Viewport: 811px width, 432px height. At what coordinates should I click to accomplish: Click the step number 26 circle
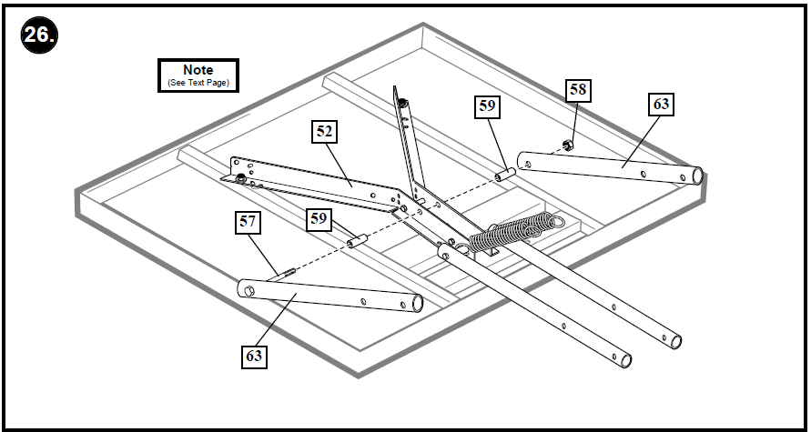37,38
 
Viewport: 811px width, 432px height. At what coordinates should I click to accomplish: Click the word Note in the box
198,69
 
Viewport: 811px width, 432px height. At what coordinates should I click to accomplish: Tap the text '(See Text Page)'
198,83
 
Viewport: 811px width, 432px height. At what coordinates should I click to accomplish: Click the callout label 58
577,89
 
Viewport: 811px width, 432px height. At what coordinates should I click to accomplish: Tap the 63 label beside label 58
660,105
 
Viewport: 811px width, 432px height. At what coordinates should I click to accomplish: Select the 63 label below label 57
253,356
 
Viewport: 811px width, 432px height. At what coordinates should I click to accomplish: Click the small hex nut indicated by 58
567,144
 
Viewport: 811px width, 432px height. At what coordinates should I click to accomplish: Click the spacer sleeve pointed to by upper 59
506,171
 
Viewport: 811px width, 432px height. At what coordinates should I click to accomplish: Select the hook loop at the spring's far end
554,219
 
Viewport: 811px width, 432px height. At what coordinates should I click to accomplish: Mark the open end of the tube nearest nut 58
696,175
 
